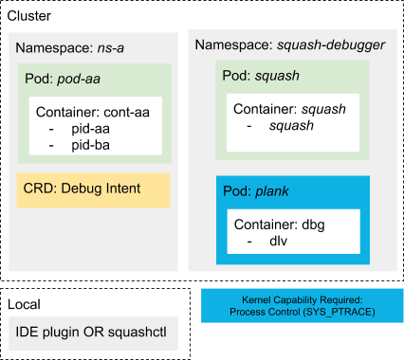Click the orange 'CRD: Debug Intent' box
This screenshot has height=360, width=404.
point(93,189)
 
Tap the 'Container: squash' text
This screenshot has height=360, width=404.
point(288,109)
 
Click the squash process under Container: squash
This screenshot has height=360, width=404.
point(290,125)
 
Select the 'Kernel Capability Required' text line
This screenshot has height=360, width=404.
point(303,298)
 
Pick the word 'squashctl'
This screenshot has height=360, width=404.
point(138,332)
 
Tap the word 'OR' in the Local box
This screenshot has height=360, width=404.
point(95,332)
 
